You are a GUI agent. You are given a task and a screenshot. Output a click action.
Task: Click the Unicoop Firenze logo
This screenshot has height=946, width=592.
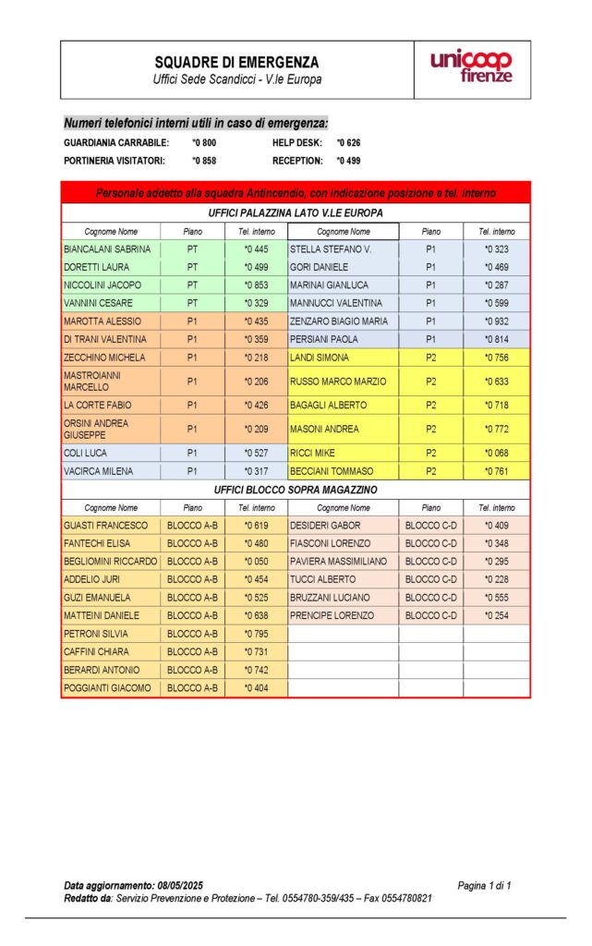click(471, 67)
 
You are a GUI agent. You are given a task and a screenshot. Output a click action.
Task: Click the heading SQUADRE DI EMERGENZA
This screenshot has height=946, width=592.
click(237, 62)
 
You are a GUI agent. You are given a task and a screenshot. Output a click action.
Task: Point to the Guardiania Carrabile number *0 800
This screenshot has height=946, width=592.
click(204, 143)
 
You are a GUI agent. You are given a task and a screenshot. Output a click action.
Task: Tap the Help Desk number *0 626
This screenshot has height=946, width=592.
click(348, 143)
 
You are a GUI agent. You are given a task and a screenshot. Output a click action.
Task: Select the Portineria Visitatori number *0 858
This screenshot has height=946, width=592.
click(204, 161)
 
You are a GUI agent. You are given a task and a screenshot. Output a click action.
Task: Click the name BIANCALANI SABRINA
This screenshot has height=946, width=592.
click(107, 249)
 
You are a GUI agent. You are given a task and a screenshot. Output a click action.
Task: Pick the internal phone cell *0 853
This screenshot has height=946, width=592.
click(256, 285)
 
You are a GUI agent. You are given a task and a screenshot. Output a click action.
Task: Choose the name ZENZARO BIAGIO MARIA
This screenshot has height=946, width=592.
click(339, 321)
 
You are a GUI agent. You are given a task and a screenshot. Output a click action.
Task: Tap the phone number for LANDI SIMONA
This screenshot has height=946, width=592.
click(496, 358)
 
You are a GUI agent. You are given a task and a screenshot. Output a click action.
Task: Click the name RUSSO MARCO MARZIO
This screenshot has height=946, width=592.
click(338, 382)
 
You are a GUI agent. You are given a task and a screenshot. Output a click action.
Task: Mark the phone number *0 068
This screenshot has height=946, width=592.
click(496, 454)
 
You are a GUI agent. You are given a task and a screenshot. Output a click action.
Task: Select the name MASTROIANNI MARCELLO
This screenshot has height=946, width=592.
click(92, 382)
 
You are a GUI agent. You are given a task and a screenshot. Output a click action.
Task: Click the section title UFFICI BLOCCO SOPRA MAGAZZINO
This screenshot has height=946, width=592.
click(296, 490)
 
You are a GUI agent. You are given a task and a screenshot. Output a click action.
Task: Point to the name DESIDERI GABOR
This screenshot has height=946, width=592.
click(325, 526)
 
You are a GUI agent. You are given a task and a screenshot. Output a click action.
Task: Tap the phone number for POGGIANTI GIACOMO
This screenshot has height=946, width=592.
click(256, 688)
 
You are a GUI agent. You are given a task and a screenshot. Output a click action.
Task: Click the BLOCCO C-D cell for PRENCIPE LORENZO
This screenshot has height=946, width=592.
click(431, 615)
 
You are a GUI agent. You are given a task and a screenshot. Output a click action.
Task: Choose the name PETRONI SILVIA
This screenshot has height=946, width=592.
click(96, 634)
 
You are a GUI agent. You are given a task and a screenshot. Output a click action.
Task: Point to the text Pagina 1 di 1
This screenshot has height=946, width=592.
click(484, 886)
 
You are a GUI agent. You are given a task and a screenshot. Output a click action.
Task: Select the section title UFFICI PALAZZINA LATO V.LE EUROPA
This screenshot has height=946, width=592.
click(296, 213)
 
